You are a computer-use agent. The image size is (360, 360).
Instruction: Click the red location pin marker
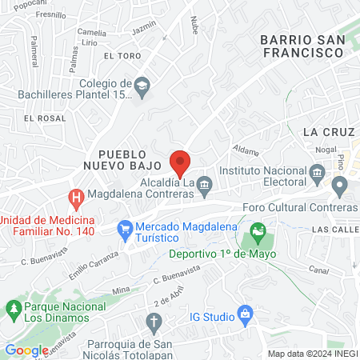[181, 162]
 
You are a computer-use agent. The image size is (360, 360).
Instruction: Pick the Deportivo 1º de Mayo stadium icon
[258, 234]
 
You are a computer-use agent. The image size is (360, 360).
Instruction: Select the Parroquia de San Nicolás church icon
[154, 322]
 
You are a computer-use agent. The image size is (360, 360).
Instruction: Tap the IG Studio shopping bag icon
[246, 317]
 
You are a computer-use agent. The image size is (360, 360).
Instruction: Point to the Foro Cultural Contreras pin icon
[339, 189]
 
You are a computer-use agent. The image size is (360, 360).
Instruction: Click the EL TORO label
[121, 56]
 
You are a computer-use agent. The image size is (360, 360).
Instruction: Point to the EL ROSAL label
[44, 118]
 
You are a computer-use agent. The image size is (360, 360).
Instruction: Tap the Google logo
[26, 350]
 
